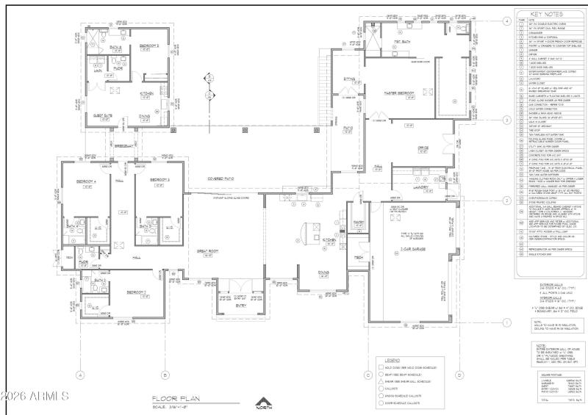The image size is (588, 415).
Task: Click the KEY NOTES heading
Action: [545, 13]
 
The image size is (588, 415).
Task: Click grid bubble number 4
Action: [507, 21]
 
